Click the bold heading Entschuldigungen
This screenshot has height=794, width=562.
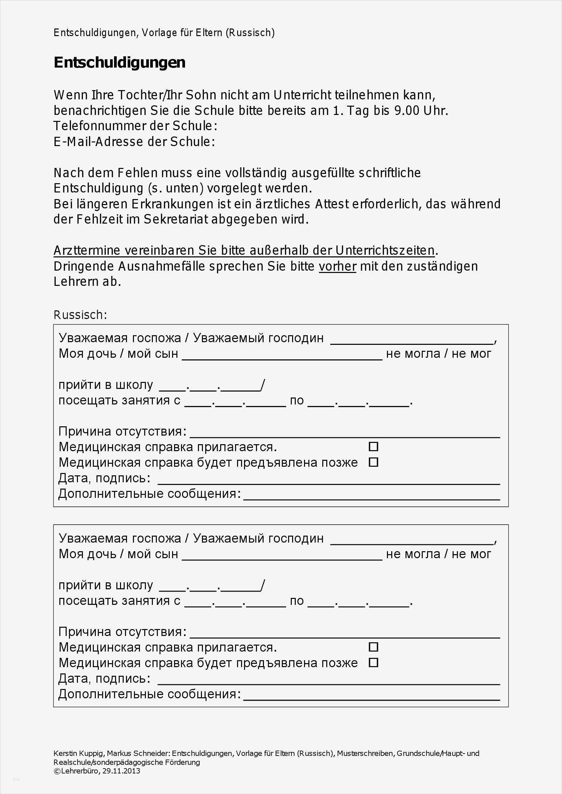(x=119, y=63)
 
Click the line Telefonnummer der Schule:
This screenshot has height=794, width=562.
(x=135, y=126)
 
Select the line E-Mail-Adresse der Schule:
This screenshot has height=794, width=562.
(x=134, y=142)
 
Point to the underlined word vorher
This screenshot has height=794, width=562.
(x=338, y=266)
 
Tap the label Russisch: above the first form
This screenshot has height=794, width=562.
(x=80, y=315)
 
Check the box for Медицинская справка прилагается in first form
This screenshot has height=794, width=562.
(x=373, y=447)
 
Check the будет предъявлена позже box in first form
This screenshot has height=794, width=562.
(x=373, y=462)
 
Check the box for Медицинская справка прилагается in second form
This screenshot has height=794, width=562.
(x=373, y=647)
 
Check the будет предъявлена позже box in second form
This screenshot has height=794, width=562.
(x=373, y=662)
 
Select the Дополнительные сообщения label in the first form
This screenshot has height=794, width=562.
(x=149, y=494)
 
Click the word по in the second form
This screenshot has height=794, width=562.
(x=296, y=601)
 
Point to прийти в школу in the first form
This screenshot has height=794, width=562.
(x=105, y=385)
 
